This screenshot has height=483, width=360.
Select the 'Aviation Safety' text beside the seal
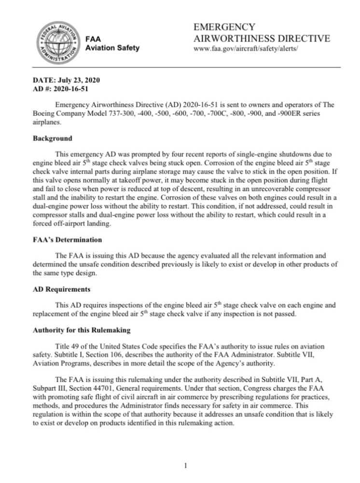coord(112,47)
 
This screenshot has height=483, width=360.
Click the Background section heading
coord(52,139)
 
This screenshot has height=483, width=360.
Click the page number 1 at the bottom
coord(186,466)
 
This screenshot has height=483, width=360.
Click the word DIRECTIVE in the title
coord(299,38)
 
